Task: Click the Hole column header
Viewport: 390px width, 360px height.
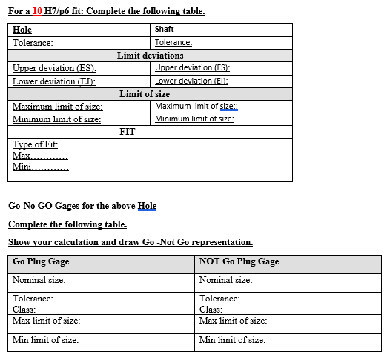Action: (22, 30)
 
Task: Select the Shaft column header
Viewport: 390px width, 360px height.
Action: (164, 29)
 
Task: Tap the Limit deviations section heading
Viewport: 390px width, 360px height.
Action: (151, 56)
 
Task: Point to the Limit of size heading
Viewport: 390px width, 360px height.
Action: (145, 94)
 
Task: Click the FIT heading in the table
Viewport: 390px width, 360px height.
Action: (128, 132)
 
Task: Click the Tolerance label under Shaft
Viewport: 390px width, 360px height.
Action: (173, 43)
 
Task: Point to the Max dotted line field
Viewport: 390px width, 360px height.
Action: (41, 156)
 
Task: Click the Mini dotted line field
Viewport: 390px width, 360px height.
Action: (41, 168)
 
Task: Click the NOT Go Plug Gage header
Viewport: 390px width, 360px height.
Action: (239, 261)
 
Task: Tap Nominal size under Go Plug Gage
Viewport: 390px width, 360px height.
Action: (39, 280)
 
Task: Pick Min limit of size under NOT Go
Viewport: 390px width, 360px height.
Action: (232, 340)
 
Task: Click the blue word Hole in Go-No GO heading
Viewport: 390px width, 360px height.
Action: (147, 205)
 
